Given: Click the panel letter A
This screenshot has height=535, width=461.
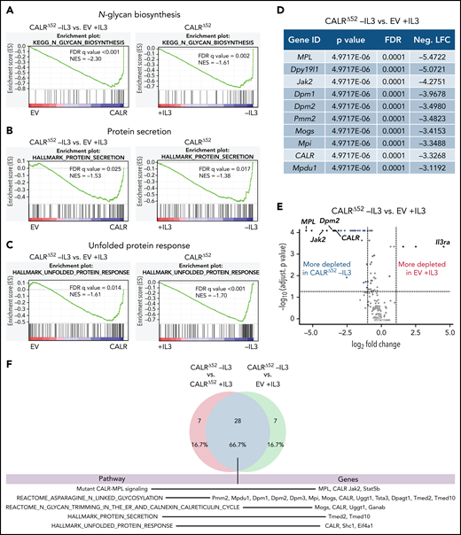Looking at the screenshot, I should click(x=7, y=10).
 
